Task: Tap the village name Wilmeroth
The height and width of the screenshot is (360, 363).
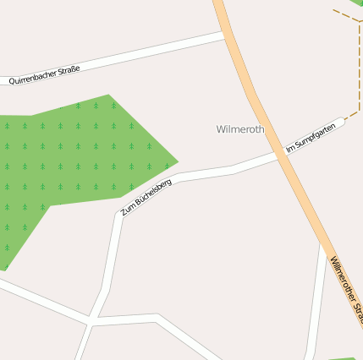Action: click(240, 129)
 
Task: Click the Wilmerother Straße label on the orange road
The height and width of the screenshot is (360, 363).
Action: click(347, 286)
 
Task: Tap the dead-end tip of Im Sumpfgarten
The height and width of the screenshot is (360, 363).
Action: click(342, 122)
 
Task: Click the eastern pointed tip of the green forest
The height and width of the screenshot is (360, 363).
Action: click(177, 160)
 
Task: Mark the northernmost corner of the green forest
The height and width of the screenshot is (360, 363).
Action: click(109, 95)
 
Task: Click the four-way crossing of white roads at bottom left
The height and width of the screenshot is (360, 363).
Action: click(90, 321)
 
